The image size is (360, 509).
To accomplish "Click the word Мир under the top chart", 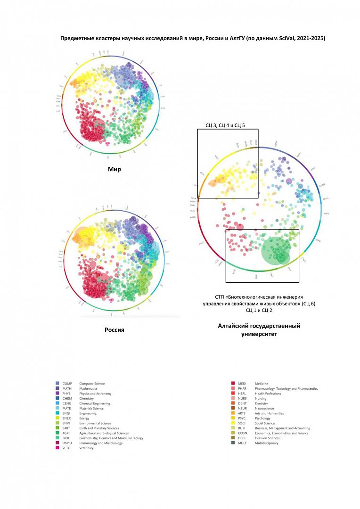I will tap(114, 169).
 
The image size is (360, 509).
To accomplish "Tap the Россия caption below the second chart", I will tap(114, 330).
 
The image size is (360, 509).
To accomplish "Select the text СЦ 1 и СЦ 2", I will tap(259, 311).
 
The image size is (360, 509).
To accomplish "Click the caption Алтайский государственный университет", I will tap(259, 330).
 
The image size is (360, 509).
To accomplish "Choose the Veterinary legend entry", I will tap(86, 448).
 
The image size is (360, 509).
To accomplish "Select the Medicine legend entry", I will tap(261, 384).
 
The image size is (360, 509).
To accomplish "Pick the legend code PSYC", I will tap(242, 418).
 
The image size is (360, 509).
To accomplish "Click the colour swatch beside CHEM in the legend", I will tap(57, 398).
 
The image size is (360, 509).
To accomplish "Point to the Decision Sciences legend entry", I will tap(267, 438).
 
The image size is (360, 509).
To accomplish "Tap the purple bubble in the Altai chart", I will tap(289, 181).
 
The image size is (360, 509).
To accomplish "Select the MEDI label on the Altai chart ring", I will tap(201, 243).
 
